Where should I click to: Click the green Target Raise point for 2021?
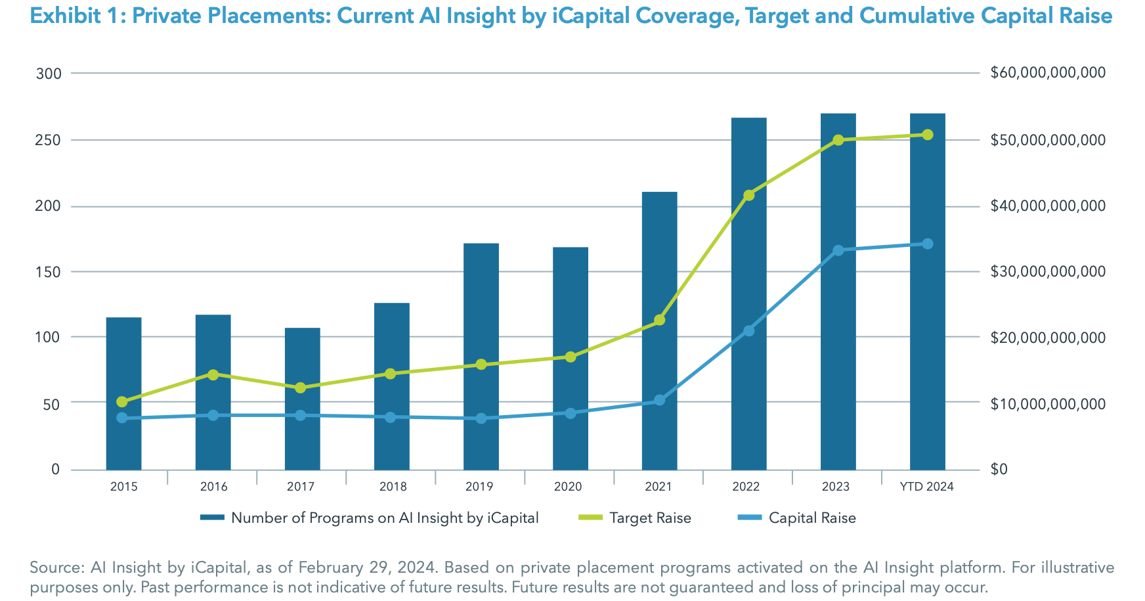click(x=660, y=321)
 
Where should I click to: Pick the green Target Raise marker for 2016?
click(x=213, y=375)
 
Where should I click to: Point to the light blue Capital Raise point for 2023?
click(x=838, y=250)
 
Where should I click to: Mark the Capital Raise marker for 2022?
click(x=748, y=330)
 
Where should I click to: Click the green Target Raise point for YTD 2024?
click(x=927, y=135)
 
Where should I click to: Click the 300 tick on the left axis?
click(x=49, y=74)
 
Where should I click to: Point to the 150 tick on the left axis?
click(x=49, y=271)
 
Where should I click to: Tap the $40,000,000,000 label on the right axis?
click(x=1048, y=206)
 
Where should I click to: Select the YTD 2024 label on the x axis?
click(x=926, y=487)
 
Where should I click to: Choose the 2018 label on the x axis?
click(x=393, y=487)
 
